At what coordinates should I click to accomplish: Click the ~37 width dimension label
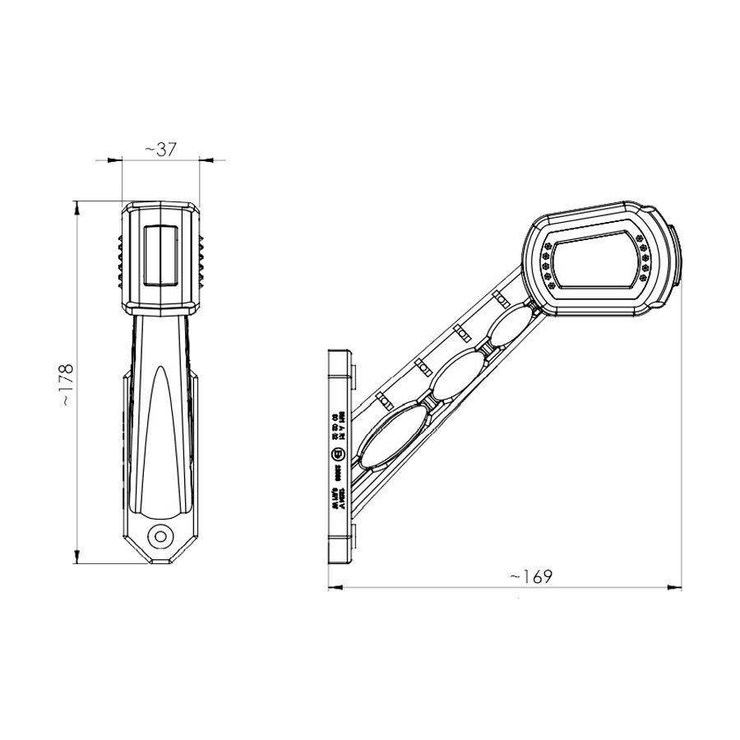pos(161,149)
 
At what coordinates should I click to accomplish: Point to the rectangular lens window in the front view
pos(160,254)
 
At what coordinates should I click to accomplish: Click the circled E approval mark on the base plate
pos(337,455)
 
